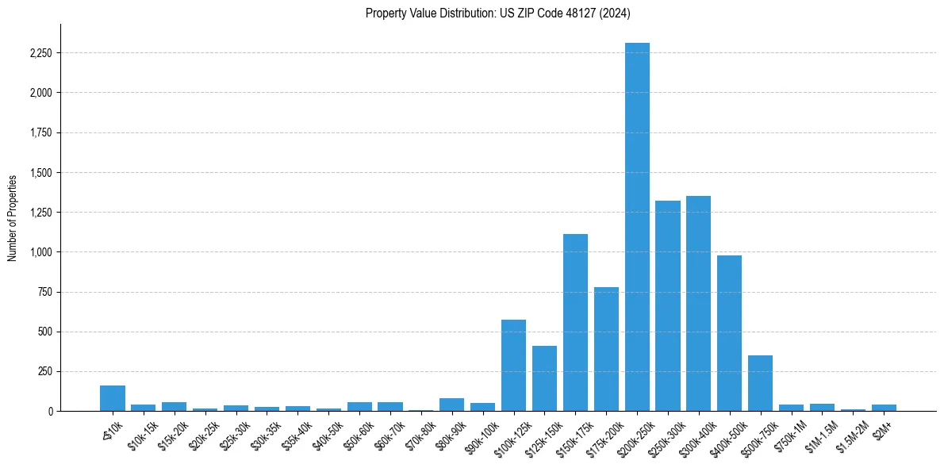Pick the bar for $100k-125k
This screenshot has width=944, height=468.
point(513,366)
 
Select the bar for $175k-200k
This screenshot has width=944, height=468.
point(606,349)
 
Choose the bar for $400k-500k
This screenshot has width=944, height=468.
point(729,333)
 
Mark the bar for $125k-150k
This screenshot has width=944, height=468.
point(544,378)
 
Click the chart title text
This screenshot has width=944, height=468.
point(498,13)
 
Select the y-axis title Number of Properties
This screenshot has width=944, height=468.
point(13,218)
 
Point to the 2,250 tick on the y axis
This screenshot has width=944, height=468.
point(40,53)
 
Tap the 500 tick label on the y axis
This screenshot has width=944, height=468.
point(47,332)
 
